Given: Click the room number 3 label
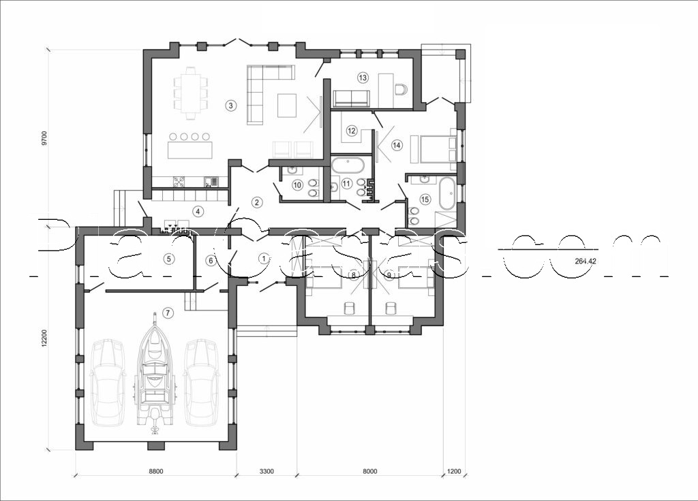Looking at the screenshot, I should [231, 106].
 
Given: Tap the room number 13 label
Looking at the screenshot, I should [362, 78].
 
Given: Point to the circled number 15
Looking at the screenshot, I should [425, 199].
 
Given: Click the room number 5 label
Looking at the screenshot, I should [168, 259].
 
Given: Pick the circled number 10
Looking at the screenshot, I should [297, 184].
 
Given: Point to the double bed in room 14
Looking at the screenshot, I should [436, 148].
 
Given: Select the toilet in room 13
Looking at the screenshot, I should [400, 88].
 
